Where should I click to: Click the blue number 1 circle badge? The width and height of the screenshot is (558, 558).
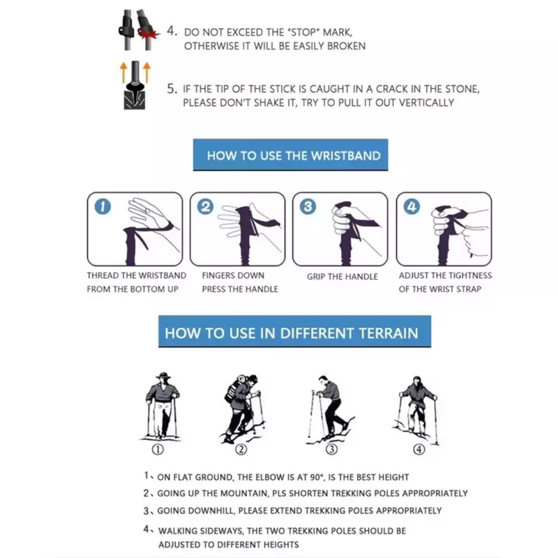pos(103,206)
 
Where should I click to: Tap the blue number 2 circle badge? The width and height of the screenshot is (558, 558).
pos(205,206)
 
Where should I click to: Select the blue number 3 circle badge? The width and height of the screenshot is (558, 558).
pos(308,206)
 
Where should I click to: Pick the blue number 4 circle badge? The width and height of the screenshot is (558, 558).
pos(412,206)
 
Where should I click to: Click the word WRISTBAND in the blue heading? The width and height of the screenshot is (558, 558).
pos(345,156)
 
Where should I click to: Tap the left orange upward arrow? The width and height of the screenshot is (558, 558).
pos(123,73)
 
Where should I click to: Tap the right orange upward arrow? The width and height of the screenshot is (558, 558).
pos(146,73)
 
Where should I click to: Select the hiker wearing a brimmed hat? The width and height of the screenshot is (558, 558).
pos(163,406)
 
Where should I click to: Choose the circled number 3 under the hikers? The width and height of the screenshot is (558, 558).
pos(331,449)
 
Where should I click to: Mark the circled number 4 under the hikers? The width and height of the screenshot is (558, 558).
pos(419,449)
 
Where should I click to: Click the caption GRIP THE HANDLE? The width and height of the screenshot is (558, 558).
pos(342,276)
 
